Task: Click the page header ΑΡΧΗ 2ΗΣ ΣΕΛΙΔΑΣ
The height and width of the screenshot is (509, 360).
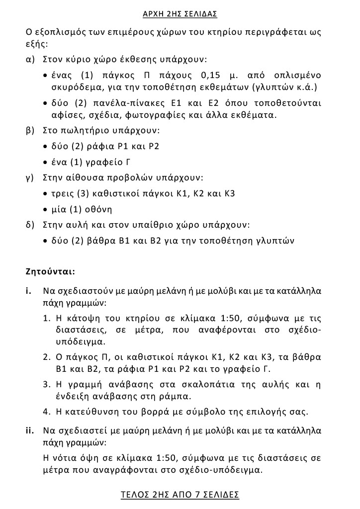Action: [x=180, y=13]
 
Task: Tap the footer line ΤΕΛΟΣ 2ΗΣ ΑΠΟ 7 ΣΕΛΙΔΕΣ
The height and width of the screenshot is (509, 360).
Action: [x=180, y=495]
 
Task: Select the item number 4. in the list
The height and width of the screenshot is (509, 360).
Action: [x=46, y=412]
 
